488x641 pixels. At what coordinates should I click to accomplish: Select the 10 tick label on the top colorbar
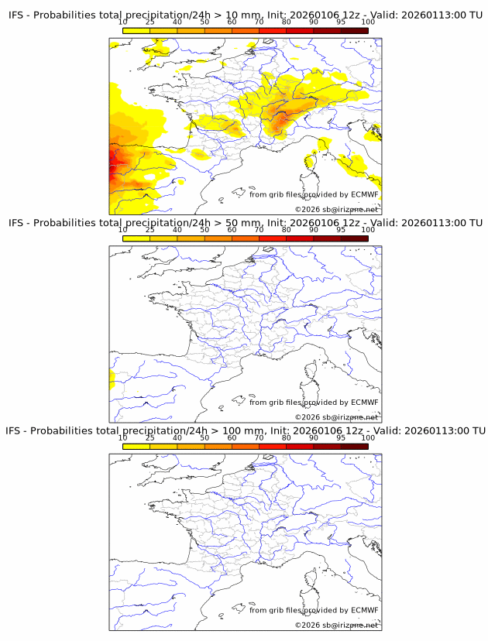[123, 22]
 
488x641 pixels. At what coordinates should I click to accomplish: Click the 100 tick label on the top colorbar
[368, 22]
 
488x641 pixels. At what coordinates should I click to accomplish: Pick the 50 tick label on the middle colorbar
[204, 230]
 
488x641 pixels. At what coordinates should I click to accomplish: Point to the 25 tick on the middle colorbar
[150, 230]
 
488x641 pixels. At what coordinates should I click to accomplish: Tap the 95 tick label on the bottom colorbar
[341, 438]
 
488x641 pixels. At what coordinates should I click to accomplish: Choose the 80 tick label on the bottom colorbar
[287, 438]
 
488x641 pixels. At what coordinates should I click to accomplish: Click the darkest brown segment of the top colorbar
[354, 30]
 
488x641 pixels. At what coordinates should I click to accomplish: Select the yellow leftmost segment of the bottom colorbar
[136, 446]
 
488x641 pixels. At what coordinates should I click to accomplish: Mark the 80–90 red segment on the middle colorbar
[300, 238]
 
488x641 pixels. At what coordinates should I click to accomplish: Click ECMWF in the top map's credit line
[364, 194]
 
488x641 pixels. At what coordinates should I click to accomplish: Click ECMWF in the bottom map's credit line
[364, 610]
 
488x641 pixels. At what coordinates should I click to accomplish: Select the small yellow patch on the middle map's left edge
[112, 380]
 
